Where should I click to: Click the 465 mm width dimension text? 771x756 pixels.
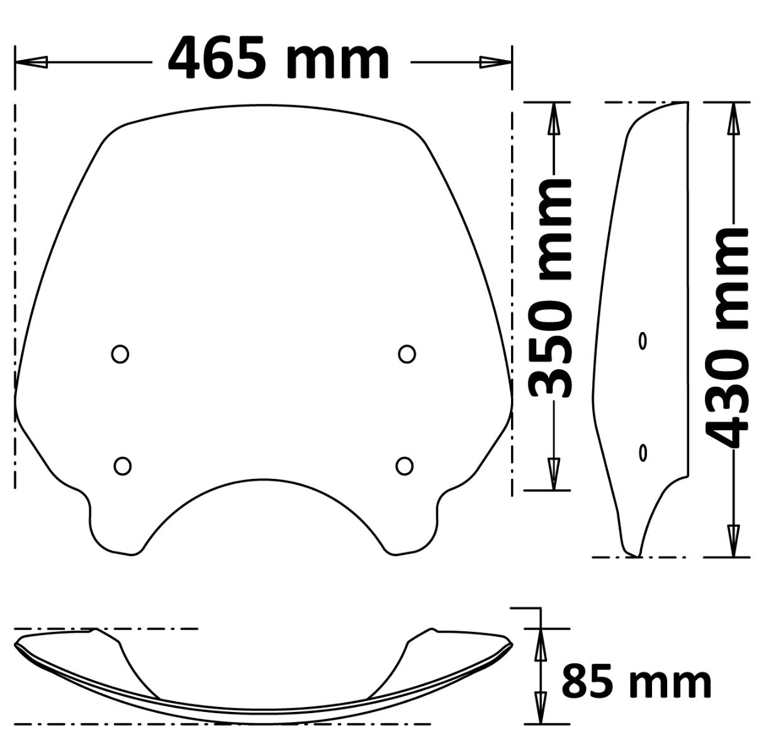pyautogui.click(x=278, y=59)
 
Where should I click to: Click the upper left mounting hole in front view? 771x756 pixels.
pyautogui.click(x=120, y=354)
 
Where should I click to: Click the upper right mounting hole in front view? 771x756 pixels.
pyautogui.click(x=407, y=354)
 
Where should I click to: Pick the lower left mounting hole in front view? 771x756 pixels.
pyautogui.click(x=123, y=466)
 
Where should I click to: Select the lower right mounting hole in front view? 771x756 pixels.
pyautogui.click(x=405, y=466)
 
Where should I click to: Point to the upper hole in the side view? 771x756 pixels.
pyautogui.click(x=643, y=341)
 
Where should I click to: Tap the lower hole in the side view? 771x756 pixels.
pyautogui.click(x=643, y=452)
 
